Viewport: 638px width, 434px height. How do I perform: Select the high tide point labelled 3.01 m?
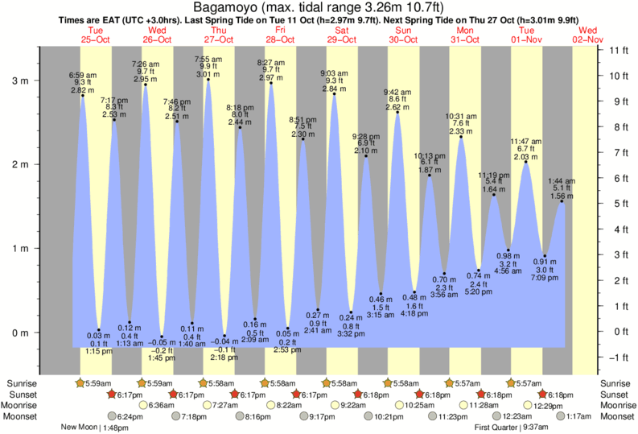[x=208, y=79]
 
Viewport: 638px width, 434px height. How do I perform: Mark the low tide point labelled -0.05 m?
[x=161, y=337]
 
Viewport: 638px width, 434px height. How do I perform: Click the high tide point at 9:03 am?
[x=334, y=94]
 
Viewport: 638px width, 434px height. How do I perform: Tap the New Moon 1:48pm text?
[x=95, y=428]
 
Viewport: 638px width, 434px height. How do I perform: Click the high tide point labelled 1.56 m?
[x=562, y=201]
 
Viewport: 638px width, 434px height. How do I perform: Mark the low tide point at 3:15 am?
[x=381, y=294]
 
